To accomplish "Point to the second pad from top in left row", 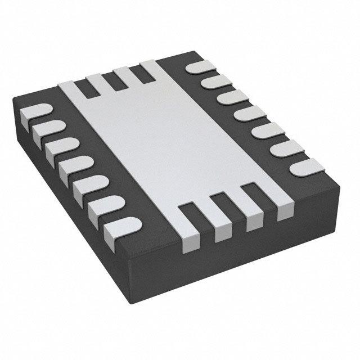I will pos(46,131).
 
